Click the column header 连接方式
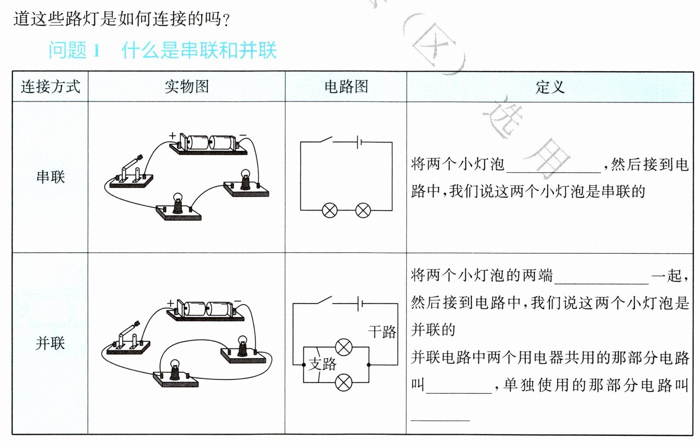[50, 86]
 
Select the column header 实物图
[186, 86]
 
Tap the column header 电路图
[346, 86]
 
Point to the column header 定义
[550, 87]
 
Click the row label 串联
[50, 177]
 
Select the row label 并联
[50, 343]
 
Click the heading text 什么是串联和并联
[199, 50]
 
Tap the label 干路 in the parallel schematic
[382, 332]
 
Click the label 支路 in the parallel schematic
[322, 364]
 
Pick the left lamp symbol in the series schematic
[330, 211]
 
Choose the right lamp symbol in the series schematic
[363, 211]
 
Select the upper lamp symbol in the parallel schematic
[344, 347]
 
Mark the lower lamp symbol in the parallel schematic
[344, 383]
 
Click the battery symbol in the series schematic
[358, 142]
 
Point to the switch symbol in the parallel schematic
[324, 301]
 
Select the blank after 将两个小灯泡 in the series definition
[554, 166]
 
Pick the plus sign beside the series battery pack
[173, 136]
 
